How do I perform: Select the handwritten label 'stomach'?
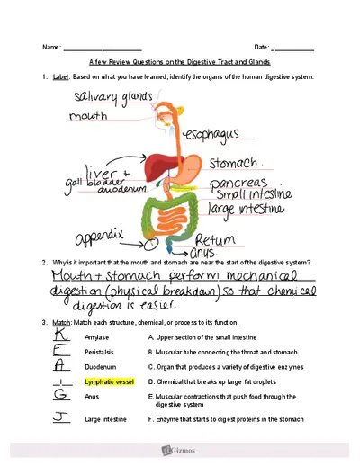[x=233, y=165]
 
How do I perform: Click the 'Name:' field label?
[x=51, y=46]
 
